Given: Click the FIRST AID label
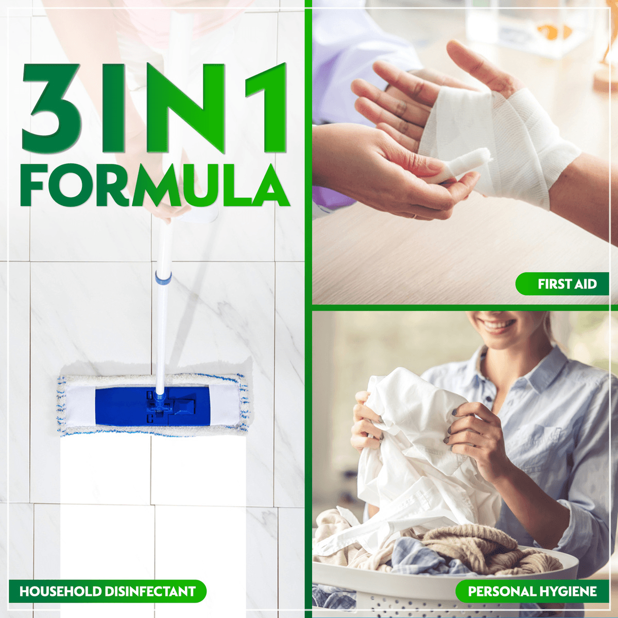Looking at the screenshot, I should pos(562,284).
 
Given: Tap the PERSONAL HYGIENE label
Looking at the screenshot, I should pos(532,591).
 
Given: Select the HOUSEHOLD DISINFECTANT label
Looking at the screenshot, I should pos(107,591).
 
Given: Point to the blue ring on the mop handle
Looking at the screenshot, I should pos(163,278).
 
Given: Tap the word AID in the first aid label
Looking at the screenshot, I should pos(586,284).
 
